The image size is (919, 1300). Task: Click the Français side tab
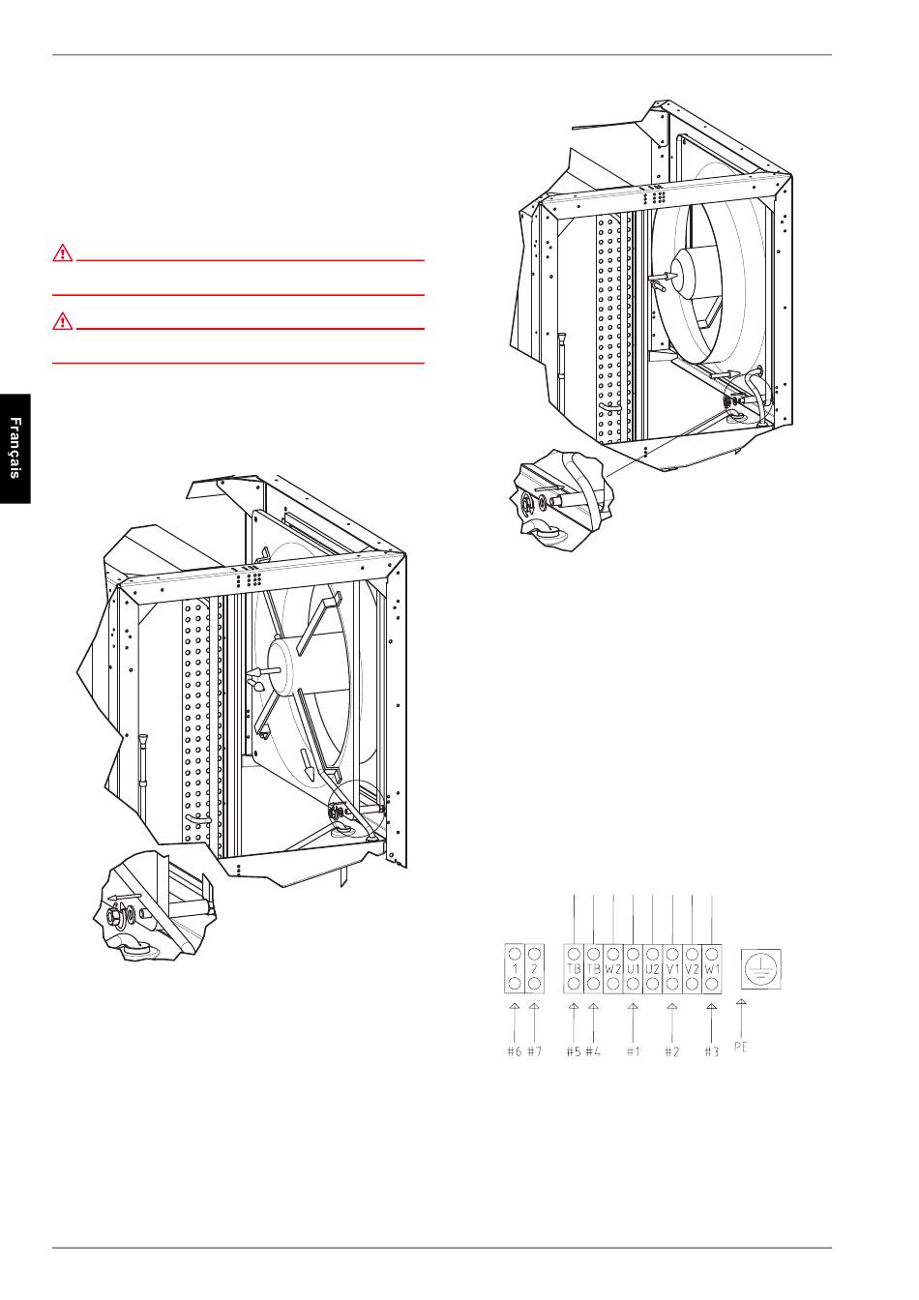[x=15, y=449]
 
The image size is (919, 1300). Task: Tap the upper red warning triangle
[x=63, y=253]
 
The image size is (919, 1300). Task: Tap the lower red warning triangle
[x=63, y=321]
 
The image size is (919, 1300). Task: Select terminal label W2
[x=613, y=968]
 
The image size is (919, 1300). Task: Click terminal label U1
[x=633, y=968]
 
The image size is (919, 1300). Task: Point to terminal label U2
[x=653, y=968]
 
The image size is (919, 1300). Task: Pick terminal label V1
[x=672, y=968]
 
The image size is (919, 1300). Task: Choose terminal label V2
[x=692, y=968]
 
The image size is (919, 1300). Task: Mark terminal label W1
[x=712, y=968]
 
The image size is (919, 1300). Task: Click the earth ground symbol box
[x=761, y=968]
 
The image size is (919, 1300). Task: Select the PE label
[x=741, y=1047]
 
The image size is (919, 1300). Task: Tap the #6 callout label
[x=515, y=1051]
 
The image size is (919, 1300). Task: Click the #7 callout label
[x=534, y=1051]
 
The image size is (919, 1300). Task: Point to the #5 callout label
[x=574, y=1051]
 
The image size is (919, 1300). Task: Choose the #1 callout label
[x=633, y=1051]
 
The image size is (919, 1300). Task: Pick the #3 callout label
[x=712, y=1051]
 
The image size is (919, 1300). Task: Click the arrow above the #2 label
[x=672, y=1022]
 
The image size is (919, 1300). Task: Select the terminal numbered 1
[x=515, y=968]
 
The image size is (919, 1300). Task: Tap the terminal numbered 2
[x=534, y=968]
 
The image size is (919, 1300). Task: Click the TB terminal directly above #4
[x=593, y=968]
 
